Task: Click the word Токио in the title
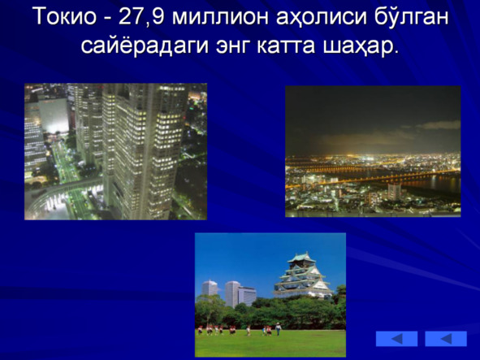click(x=64, y=16)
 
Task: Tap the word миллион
click(x=220, y=16)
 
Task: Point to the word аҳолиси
click(x=322, y=17)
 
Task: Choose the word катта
click(x=286, y=47)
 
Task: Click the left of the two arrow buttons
click(x=396, y=339)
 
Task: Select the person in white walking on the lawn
click(x=278, y=329)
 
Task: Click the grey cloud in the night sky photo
click(x=439, y=125)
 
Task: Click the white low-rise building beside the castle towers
click(x=247, y=296)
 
